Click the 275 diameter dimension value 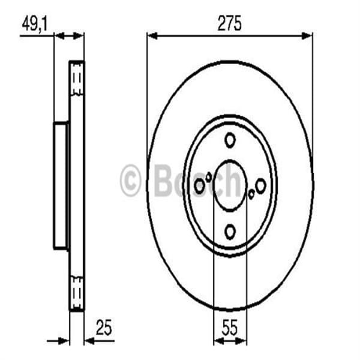pos(229,24)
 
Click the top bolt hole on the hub pos(229,141)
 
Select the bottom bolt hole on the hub pos(229,230)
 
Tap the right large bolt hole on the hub pos(260,187)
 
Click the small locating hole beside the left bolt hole pos(208,176)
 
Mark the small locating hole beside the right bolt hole pos(251,193)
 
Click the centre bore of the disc pos(229,185)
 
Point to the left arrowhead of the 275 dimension pos(151,36)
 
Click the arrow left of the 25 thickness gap pos(63,341)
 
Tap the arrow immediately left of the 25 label pos(89,341)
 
